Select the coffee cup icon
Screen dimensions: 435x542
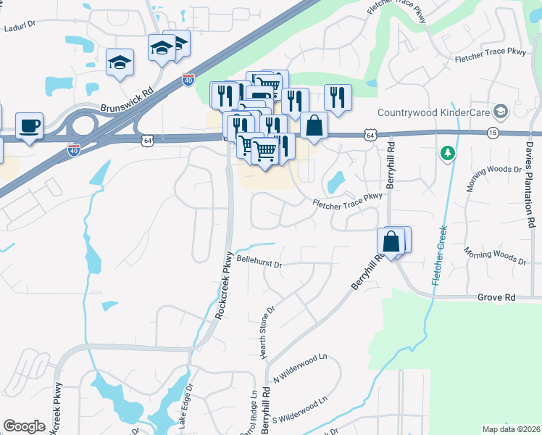click(29, 125)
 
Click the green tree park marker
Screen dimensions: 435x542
click(448, 153)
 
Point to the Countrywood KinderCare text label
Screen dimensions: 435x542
click(433, 112)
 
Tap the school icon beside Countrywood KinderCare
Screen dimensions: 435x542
click(499, 111)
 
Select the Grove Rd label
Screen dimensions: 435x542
click(496, 297)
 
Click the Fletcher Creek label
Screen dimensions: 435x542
click(438, 256)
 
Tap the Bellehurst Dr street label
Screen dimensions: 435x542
click(258, 261)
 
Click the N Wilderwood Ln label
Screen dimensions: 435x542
click(301, 369)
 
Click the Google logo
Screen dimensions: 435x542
click(24, 426)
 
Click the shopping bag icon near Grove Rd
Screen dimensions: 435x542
click(391, 242)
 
